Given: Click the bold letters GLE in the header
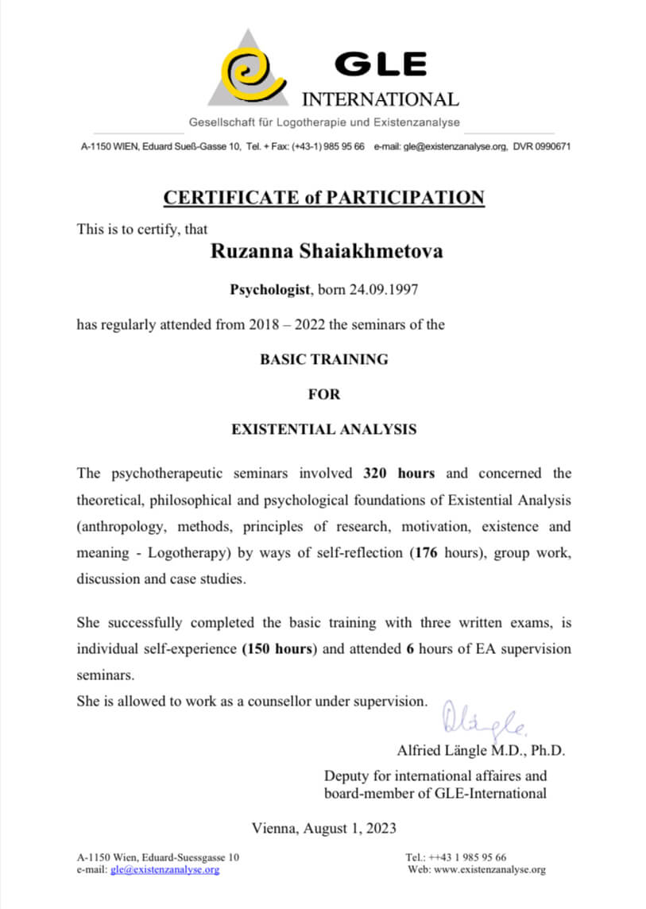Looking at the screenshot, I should coord(380,64).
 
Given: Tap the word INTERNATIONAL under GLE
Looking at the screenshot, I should coord(381,100).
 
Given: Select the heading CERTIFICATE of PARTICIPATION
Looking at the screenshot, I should coord(323,198).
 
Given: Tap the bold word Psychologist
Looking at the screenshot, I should coord(269,290).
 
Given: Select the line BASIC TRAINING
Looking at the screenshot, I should coord(324,359).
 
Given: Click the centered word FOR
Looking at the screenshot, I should coord(324,394).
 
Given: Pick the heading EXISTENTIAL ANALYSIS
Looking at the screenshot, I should coord(324,429).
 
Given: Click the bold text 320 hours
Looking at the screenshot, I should coord(399,474).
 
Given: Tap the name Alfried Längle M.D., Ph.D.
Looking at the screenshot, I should coord(481,750).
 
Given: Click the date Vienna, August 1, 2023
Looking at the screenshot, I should coord(324,828).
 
